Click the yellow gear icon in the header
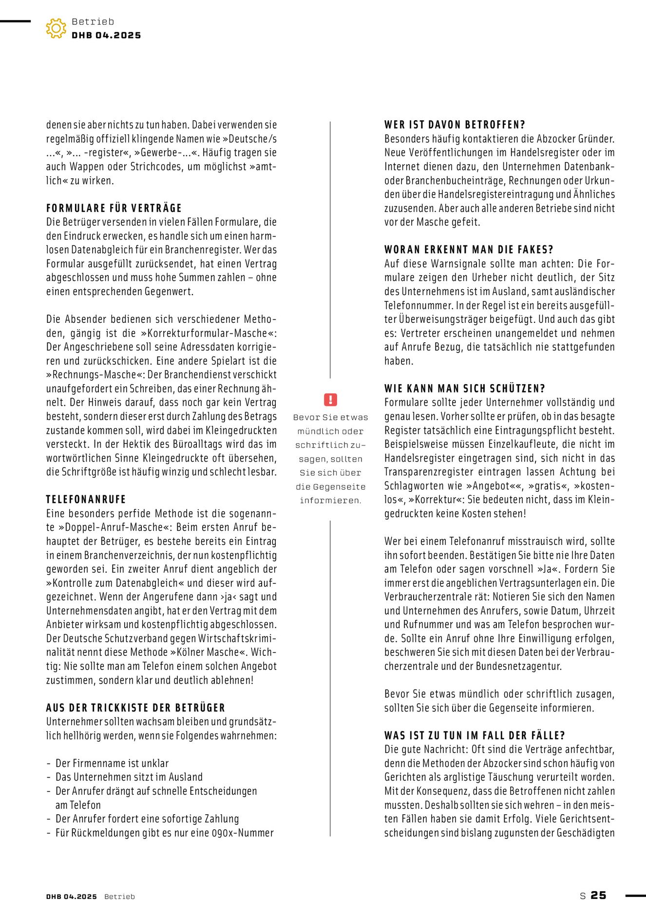point(56,28)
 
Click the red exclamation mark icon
point(330,400)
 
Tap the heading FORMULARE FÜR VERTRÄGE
point(114,208)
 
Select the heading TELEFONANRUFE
point(86,499)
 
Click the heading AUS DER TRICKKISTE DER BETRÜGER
point(135,708)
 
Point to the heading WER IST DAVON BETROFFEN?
point(455,125)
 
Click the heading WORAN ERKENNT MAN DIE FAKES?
point(469,250)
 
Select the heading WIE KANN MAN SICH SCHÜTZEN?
point(464,389)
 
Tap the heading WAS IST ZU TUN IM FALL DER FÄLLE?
point(475,735)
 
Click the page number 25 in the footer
point(598,895)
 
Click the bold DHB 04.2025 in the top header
point(106,36)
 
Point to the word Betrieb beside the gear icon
point(93,21)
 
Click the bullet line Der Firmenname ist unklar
point(112,763)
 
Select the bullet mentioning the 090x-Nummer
point(164,833)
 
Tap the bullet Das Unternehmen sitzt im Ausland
point(129,777)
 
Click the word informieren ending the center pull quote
point(330,501)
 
